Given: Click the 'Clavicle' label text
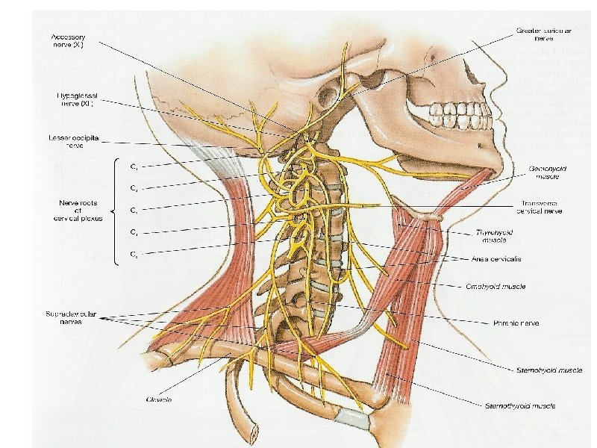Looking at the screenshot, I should coord(159,399).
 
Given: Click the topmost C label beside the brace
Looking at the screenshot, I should coord(134,166).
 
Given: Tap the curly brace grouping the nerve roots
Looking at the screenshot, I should coord(116,211).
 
